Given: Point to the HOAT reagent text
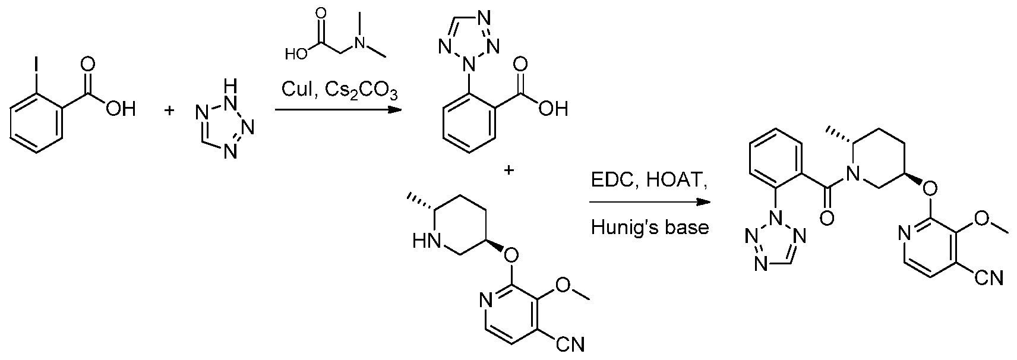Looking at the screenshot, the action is tap(675, 182).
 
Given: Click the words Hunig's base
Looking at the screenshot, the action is tap(650, 227).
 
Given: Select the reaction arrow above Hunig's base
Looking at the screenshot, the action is tap(649, 203).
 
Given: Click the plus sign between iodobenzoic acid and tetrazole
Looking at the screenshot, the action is tap(169, 110).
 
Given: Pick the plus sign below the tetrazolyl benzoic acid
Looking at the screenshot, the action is tap(509, 170).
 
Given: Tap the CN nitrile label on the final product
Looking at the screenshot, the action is tap(990, 277).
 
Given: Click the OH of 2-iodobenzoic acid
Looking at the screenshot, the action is tap(121, 109).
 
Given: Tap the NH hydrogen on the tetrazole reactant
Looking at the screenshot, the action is tap(230, 85).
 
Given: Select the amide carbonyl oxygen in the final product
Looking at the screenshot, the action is tap(827, 219).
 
